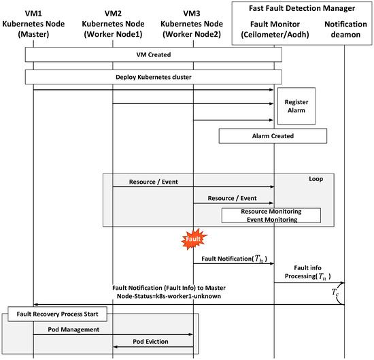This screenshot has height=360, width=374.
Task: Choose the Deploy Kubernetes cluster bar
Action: pos(153,76)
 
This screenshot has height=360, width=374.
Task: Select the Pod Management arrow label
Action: pos(73,329)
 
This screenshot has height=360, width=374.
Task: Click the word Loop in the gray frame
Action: pos(316,180)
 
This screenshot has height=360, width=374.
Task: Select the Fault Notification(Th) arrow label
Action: pos(233,259)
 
